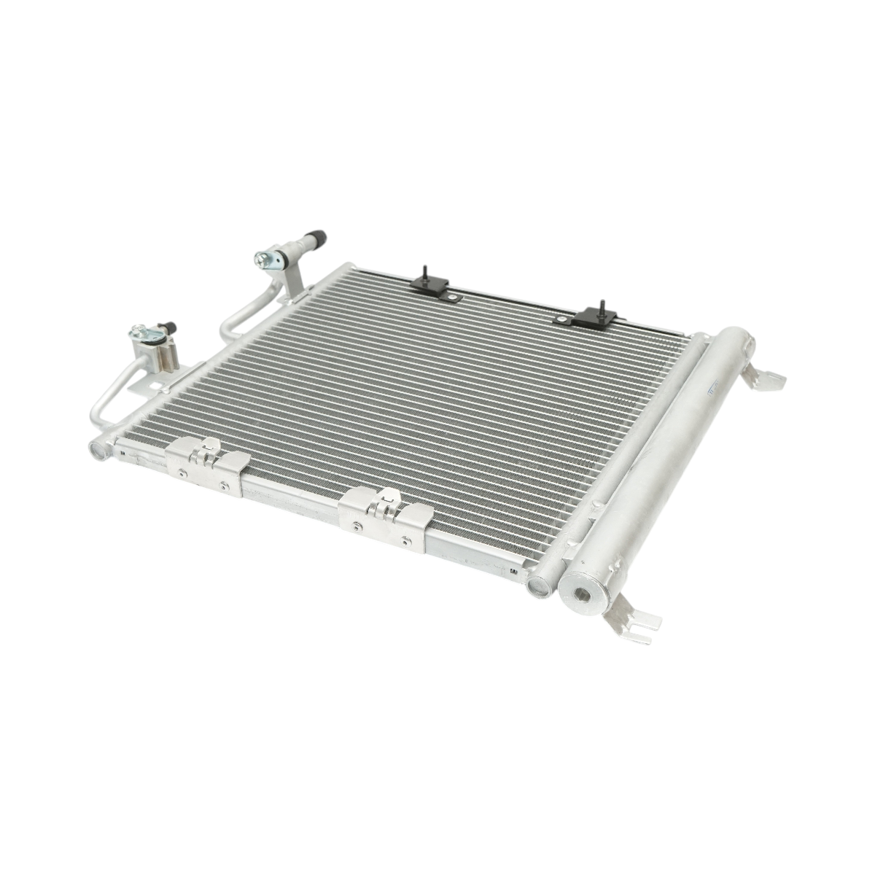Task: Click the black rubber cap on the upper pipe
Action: click(x=316, y=238)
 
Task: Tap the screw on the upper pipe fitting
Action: click(x=262, y=258)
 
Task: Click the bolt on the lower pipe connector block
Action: click(x=139, y=334)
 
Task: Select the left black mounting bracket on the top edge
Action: click(x=428, y=284)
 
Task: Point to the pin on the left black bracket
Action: click(x=423, y=271)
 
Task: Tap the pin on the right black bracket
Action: click(x=602, y=304)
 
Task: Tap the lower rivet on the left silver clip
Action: click(x=224, y=486)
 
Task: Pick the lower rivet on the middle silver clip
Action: click(x=405, y=540)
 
